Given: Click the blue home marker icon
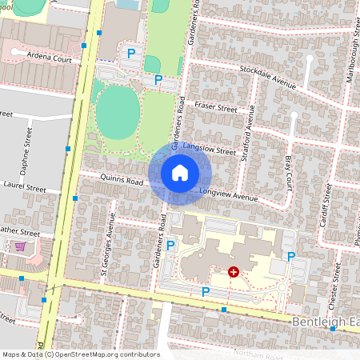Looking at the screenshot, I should pyautogui.click(x=180, y=172).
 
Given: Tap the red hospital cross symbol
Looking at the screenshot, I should pyautogui.click(x=234, y=272).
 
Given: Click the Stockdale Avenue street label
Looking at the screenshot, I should pyautogui.click(x=268, y=75).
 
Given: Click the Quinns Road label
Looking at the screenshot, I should pyautogui.click(x=122, y=179).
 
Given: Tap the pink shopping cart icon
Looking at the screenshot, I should pyautogui.click(x=19, y=246).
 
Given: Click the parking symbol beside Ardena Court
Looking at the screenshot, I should pyautogui.click(x=130, y=54).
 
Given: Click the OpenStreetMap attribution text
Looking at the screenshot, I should pyautogui.click(x=80, y=354).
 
